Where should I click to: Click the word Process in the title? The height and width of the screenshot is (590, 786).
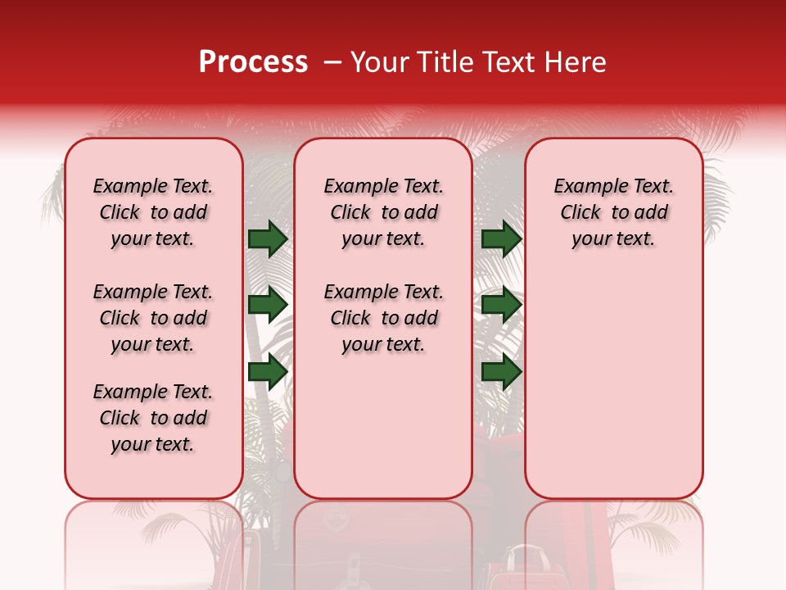[253, 62]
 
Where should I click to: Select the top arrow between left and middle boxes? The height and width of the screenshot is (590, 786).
[268, 239]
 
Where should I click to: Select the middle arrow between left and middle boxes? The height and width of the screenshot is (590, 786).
[268, 305]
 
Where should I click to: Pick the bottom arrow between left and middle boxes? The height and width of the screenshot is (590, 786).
[268, 372]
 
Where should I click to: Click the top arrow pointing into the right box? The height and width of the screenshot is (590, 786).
[501, 239]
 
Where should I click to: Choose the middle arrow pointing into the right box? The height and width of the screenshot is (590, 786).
[501, 305]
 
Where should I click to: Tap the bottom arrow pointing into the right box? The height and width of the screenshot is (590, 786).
[501, 372]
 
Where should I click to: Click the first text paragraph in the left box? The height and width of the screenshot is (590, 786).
[153, 212]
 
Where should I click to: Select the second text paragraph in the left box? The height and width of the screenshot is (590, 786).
[153, 318]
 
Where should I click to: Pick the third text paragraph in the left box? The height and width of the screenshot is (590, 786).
[153, 418]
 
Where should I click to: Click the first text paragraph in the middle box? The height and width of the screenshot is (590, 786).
[383, 212]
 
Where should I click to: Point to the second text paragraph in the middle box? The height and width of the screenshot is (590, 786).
[383, 318]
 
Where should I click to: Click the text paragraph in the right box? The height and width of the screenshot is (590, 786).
[614, 212]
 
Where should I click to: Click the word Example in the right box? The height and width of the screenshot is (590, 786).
[585, 187]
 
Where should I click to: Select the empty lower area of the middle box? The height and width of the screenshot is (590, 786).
[383, 426]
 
